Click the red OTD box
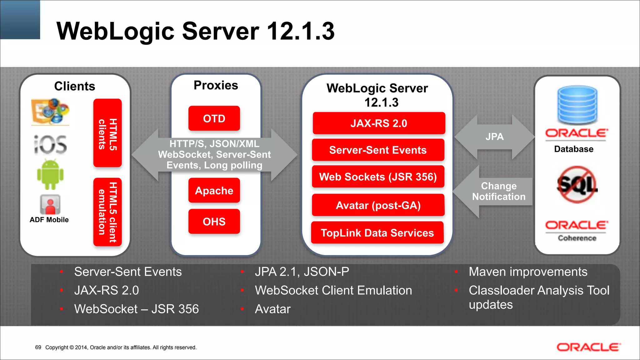214,118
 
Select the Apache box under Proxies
214,190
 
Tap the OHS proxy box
214,222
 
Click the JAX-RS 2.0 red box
379,123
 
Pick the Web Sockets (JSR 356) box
378,177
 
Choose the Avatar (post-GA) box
378,205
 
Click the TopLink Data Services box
377,233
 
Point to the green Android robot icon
50,175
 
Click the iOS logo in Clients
50,145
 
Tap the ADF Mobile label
49,220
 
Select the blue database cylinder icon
577,105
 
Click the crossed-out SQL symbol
577,185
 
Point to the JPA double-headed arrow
494,137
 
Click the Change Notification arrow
497,191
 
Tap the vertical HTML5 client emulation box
107,212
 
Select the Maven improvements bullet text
528,272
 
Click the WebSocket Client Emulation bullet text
333,290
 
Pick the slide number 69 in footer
38,347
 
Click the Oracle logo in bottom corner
588,347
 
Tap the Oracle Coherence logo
577,231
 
